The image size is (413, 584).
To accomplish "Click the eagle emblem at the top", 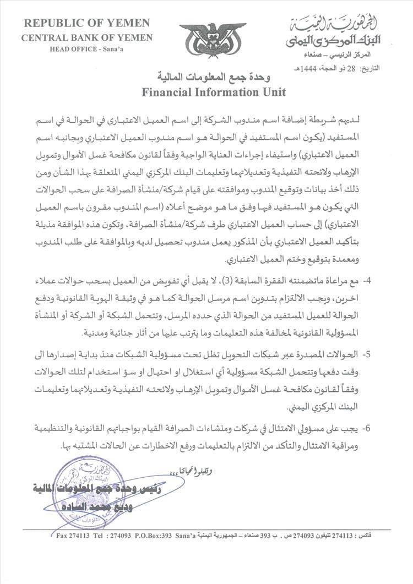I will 213,40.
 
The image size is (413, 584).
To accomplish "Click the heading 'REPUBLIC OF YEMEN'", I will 87,24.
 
